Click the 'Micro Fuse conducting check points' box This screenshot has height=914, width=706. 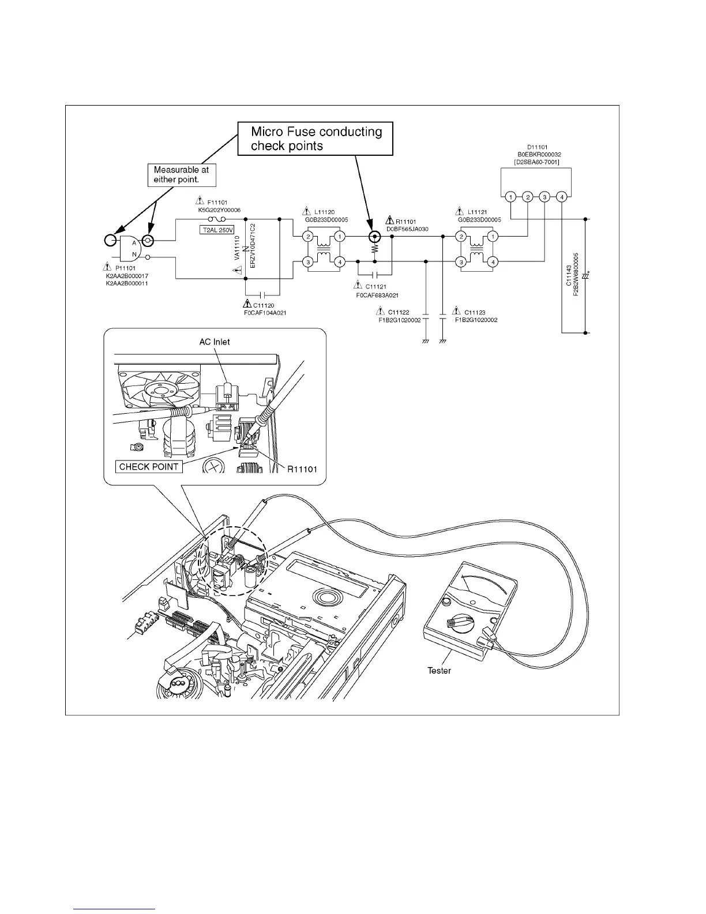[316, 138]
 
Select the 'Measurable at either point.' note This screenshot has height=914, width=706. [181, 175]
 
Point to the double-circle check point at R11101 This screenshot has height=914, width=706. [375, 237]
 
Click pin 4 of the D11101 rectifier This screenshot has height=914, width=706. [561, 197]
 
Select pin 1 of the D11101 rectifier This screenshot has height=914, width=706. [510, 197]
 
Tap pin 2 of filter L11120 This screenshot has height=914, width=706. [309, 237]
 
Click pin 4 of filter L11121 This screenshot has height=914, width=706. [493, 262]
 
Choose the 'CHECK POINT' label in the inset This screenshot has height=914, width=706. [149, 466]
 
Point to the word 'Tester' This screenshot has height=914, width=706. [439, 670]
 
